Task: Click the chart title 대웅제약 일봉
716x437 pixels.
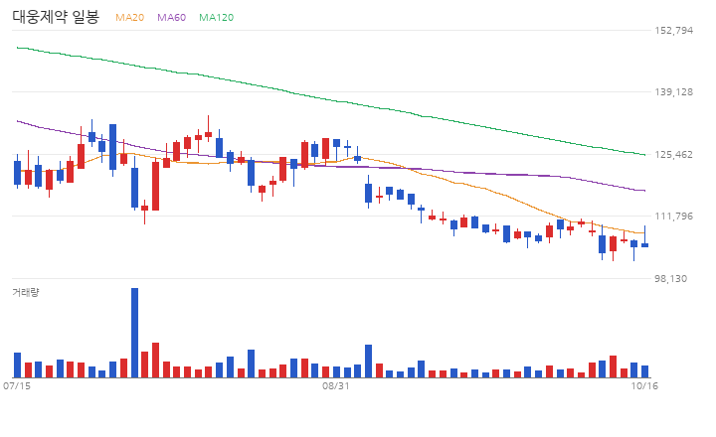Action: [56, 17]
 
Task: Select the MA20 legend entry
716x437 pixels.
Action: [129, 17]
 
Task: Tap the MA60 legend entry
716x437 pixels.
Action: [172, 17]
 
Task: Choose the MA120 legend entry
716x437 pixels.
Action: [217, 17]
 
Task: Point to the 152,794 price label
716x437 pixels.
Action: [673, 30]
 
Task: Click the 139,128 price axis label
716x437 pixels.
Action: [673, 91]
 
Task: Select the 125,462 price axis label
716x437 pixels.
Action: [673, 154]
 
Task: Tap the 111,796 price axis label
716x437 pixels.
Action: [673, 216]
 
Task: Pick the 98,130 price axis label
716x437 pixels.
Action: [670, 278]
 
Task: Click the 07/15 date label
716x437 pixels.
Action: [17, 386]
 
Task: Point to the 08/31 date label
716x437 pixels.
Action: [336, 386]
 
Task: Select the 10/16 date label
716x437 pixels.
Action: [644, 386]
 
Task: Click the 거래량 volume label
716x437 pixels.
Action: [26, 292]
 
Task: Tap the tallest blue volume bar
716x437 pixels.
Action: [134, 333]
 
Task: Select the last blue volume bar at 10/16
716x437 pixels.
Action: [644, 371]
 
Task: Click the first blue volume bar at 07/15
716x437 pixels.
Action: [17, 364]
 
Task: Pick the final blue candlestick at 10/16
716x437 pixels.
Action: [644, 245]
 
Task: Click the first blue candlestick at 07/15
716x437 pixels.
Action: [17, 173]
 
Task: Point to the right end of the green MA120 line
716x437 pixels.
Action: [645, 155]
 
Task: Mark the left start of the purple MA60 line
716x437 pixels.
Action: [17, 121]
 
